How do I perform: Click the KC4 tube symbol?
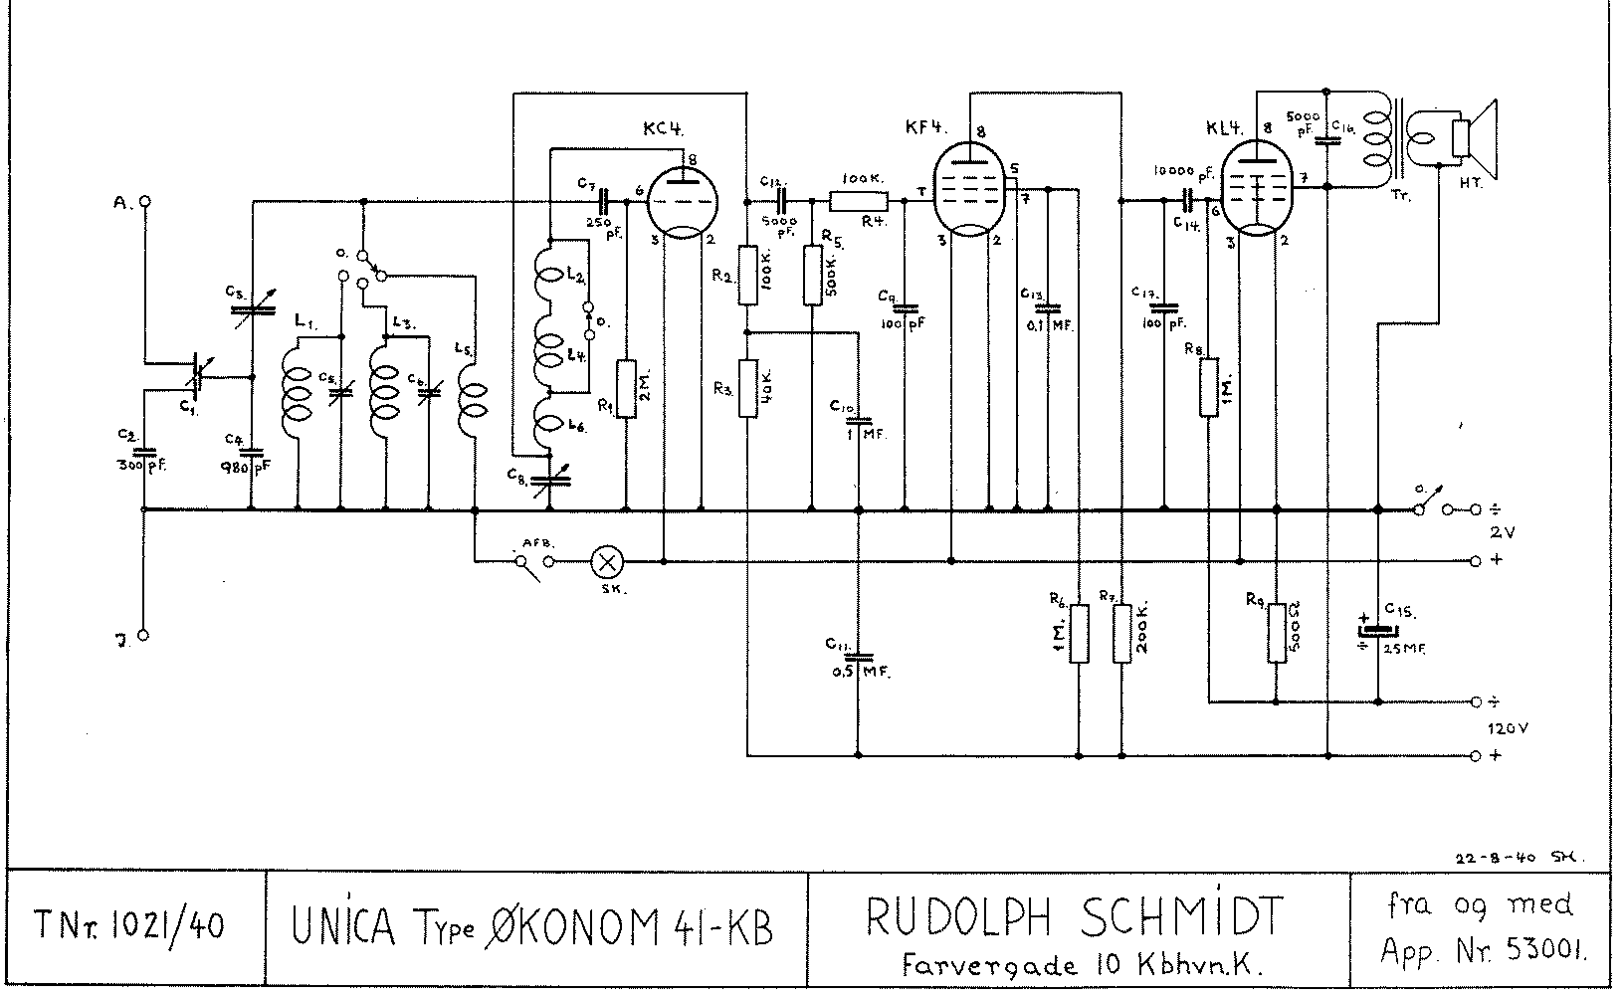pyautogui.click(x=682, y=201)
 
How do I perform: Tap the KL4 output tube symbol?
pyautogui.click(x=1257, y=187)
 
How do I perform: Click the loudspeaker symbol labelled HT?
pyautogui.click(x=1471, y=136)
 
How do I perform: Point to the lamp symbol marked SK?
pyautogui.click(x=606, y=562)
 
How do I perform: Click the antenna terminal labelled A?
pyautogui.click(x=145, y=201)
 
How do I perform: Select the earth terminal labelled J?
pyautogui.click(x=144, y=635)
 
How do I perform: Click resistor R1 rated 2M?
pyautogui.click(x=626, y=389)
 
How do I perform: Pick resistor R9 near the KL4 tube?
pyautogui.click(x=1277, y=634)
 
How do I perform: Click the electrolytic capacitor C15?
pyautogui.click(x=1378, y=630)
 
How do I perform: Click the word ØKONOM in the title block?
pyautogui.click(x=575, y=927)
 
